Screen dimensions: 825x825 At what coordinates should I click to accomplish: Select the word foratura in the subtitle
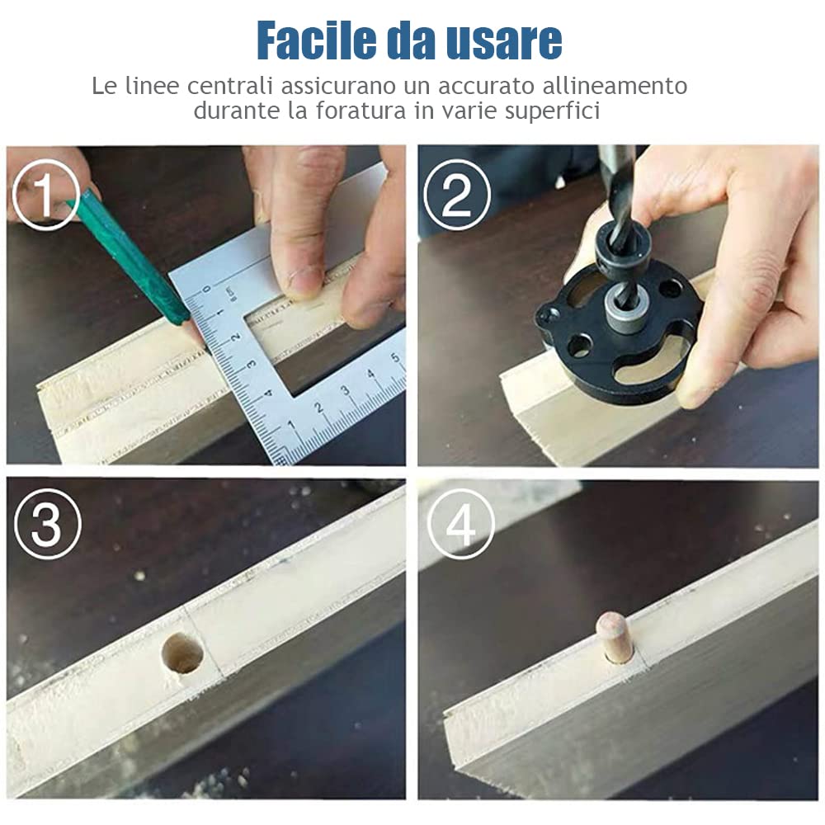pyautogui.click(x=361, y=111)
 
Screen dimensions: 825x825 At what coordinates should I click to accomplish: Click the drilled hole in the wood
pyautogui.click(x=182, y=654)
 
